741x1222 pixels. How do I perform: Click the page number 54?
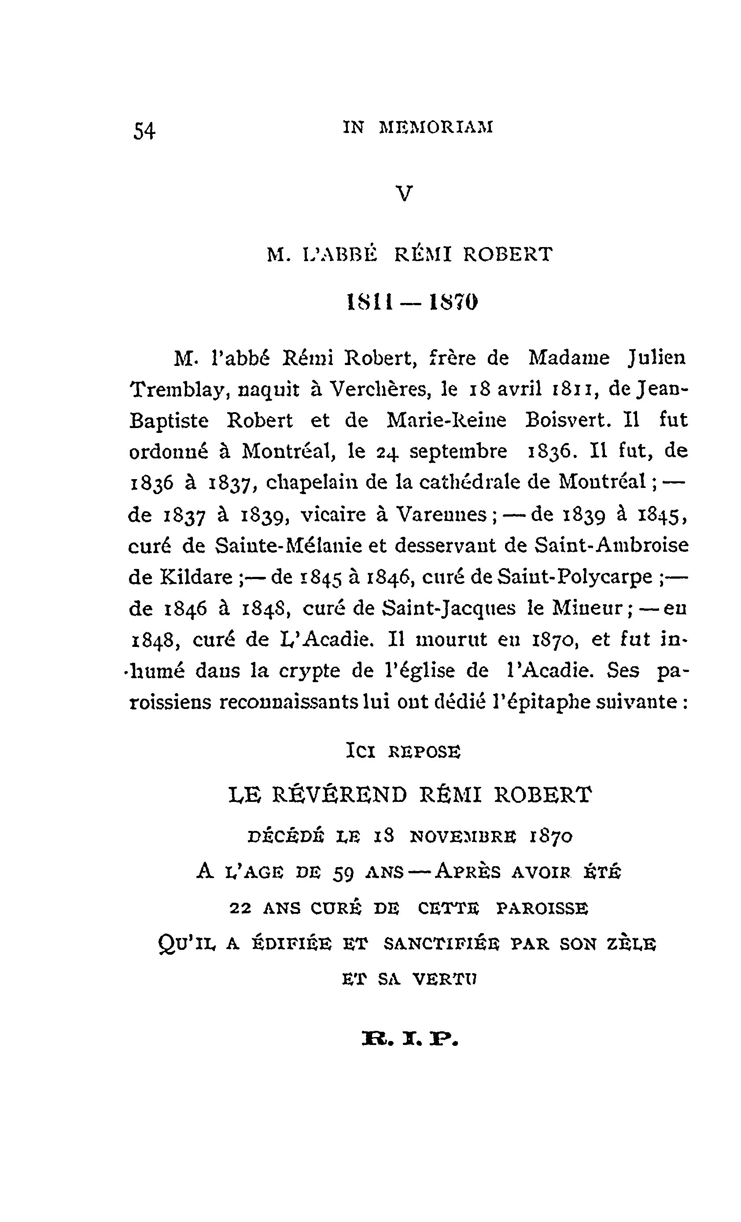click(x=144, y=131)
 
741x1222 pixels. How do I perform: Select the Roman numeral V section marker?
click(x=405, y=194)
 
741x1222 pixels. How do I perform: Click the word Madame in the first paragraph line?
click(x=568, y=358)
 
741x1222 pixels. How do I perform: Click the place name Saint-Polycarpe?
click(x=575, y=577)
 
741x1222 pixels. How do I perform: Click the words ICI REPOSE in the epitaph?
click(x=403, y=752)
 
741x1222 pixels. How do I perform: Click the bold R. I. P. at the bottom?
click(x=411, y=1039)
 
